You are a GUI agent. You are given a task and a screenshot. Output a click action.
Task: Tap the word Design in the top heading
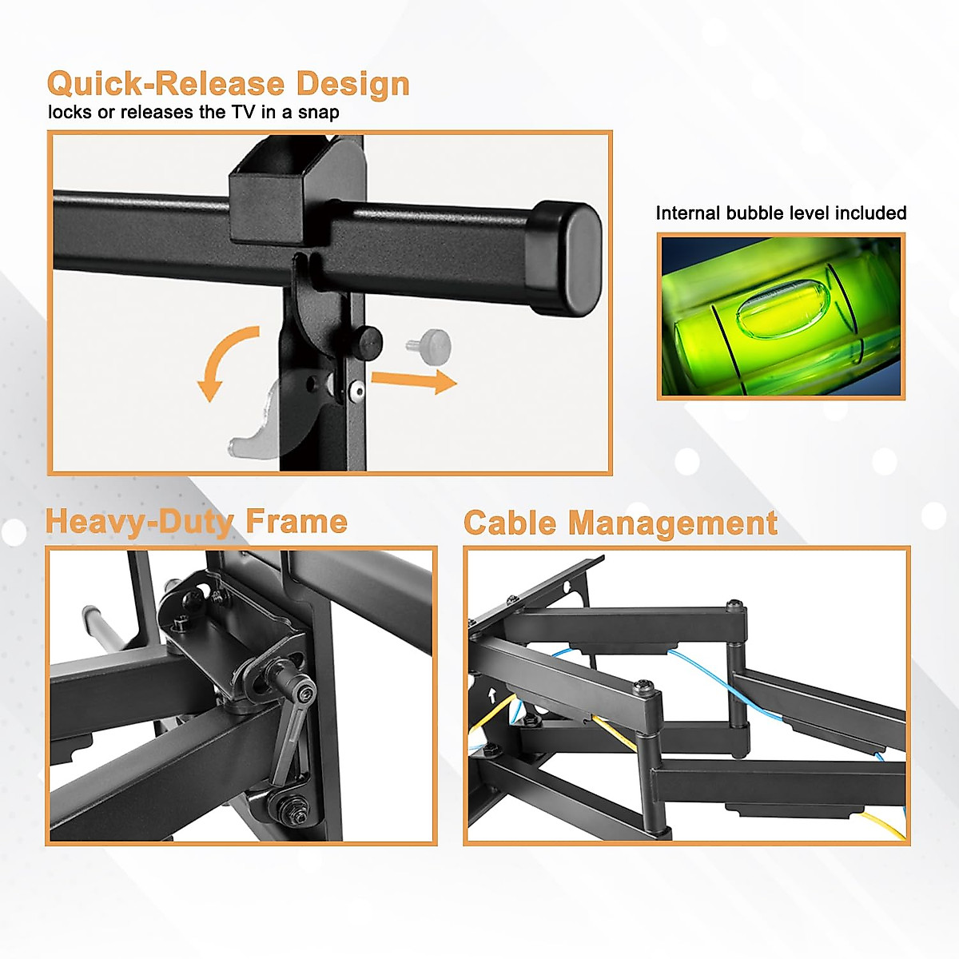click(x=352, y=85)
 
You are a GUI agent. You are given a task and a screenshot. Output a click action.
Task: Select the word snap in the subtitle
click(x=319, y=112)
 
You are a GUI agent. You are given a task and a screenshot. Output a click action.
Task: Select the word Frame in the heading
click(x=296, y=522)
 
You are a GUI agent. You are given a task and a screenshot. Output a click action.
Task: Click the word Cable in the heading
click(x=510, y=523)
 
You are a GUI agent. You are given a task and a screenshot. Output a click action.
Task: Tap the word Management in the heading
click(x=672, y=523)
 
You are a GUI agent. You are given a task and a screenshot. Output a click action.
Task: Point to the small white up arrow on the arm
click(x=491, y=694)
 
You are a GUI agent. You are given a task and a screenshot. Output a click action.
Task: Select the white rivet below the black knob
click(x=356, y=391)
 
